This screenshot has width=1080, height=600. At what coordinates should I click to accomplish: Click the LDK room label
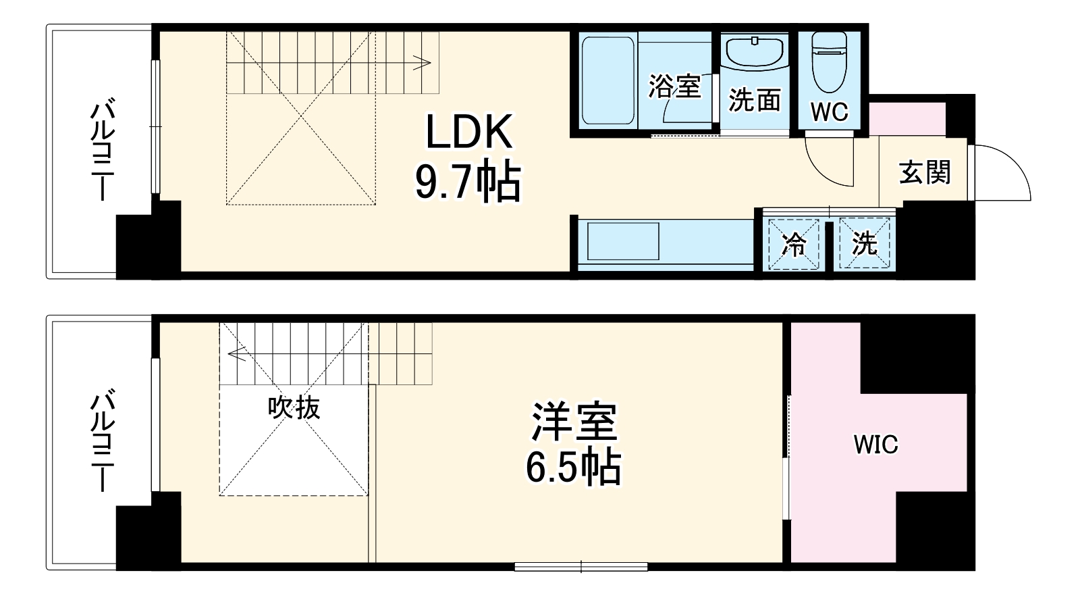[468, 132]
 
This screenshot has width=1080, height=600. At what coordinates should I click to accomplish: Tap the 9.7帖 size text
[468, 182]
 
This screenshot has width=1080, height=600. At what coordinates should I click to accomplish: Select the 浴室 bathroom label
[674, 86]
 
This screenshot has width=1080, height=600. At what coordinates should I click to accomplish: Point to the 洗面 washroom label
[755, 100]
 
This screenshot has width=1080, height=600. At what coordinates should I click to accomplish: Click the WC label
[830, 112]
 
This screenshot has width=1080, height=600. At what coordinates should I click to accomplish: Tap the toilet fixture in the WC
[829, 61]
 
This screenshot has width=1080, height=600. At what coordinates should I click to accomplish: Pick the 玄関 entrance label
[924, 173]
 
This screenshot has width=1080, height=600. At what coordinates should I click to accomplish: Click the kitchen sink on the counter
[623, 241]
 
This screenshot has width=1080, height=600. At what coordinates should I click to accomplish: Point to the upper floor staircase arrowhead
[426, 63]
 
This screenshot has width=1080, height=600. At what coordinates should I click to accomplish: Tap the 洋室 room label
[574, 422]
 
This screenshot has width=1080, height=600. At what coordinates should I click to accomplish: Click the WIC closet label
[875, 445]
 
